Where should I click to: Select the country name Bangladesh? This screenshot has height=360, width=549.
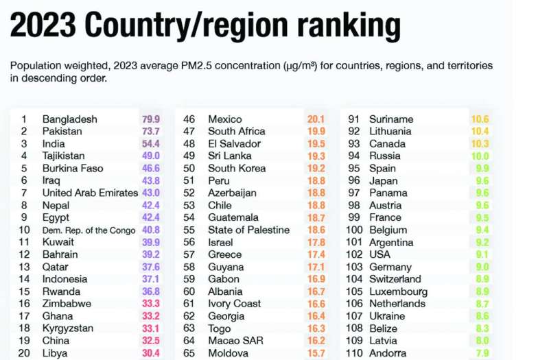pyautogui.click(x=69, y=119)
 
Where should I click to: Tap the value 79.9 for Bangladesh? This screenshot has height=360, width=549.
pyautogui.click(x=151, y=119)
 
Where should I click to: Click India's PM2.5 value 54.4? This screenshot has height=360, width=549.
pyautogui.click(x=151, y=144)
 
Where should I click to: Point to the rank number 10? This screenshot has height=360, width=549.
pyautogui.click(x=24, y=230)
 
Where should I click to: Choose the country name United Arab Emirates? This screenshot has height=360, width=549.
pyautogui.click(x=90, y=193)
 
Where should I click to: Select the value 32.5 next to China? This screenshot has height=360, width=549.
pyautogui.click(x=151, y=341)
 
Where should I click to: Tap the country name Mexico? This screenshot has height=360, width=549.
pyautogui.click(x=224, y=119)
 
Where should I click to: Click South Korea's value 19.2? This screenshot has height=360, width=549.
pyautogui.click(x=316, y=169)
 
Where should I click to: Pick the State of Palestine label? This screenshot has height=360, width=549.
pyautogui.click(x=248, y=230)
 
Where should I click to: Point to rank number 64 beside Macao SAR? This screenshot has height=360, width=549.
pyautogui.click(x=189, y=341)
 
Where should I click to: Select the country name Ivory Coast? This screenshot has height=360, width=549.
pyautogui.click(x=234, y=304)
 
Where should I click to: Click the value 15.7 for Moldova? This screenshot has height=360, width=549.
pyautogui.click(x=316, y=353)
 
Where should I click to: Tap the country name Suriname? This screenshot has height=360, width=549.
pyautogui.click(x=390, y=119)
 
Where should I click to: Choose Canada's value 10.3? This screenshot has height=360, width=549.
pyautogui.click(x=479, y=144)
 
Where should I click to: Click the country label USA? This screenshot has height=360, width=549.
pyautogui.click(x=380, y=254)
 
